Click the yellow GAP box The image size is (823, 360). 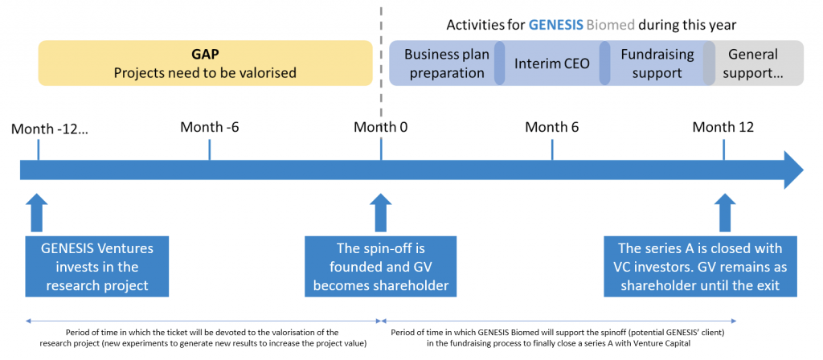tap(205, 63)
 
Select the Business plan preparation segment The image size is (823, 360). tap(444, 63)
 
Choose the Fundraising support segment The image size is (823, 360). tap(651, 63)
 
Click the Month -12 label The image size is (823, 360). tap(50, 127)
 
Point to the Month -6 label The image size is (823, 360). tap(209, 127)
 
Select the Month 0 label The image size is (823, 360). tap(381, 127)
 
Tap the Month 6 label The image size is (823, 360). tap(552, 127)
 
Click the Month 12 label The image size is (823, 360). tap(723, 127)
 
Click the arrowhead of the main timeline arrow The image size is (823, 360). tap(792, 170)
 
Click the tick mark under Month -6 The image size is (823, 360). tap(209, 149)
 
